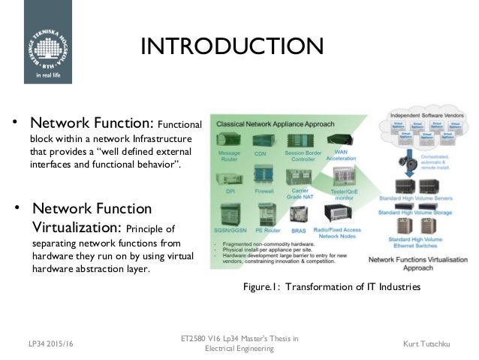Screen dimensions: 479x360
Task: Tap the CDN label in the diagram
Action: (x=261, y=154)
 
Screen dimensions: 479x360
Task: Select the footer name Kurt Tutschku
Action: (x=438, y=343)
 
